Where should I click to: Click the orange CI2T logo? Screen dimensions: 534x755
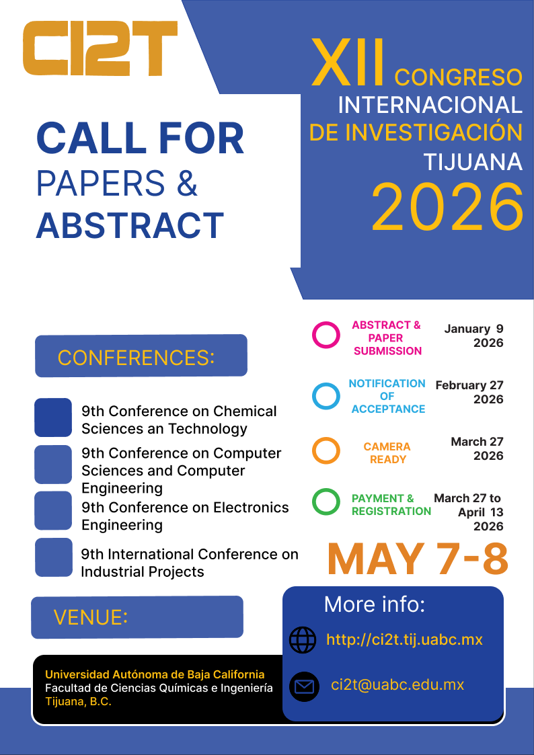click(x=100, y=48)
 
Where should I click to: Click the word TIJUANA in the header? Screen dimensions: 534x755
click(x=473, y=162)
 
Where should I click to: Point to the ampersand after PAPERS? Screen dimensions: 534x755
click(x=188, y=184)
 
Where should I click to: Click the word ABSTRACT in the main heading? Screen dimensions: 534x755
click(x=130, y=225)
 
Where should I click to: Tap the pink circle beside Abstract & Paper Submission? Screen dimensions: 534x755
click(x=326, y=335)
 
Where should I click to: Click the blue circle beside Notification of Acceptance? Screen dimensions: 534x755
click(x=326, y=396)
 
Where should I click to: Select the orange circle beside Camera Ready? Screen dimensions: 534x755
click(x=326, y=450)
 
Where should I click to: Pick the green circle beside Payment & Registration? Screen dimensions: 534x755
click(x=326, y=502)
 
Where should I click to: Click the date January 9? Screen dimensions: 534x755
click(x=473, y=329)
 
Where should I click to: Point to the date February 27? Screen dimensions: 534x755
click(x=469, y=385)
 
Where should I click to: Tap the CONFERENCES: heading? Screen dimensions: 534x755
click(x=136, y=358)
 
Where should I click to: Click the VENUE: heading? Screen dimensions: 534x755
click(x=91, y=617)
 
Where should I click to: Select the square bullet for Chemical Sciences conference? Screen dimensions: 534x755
click(x=53, y=418)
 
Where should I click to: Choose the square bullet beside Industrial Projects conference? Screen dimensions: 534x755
click(x=53, y=557)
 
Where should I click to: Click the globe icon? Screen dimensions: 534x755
click(x=303, y=640)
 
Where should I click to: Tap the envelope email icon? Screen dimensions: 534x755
click(x=304, y=686)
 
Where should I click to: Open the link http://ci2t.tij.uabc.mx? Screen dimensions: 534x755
click(x=404, y=639)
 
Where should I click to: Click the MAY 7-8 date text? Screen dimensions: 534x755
click(x=418, y=559)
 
